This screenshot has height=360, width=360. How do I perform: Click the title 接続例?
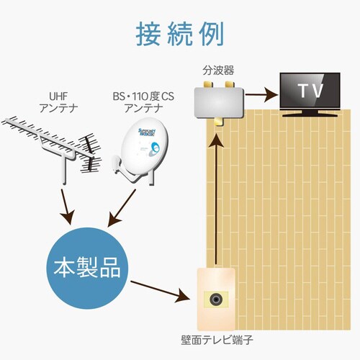pyautogui.click(x=179, y=33)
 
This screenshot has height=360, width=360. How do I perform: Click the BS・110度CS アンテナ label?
pyautogui.click(x=143, y=102)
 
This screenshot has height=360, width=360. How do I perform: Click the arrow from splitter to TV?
pyautogui.click(x=260, y=94)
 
